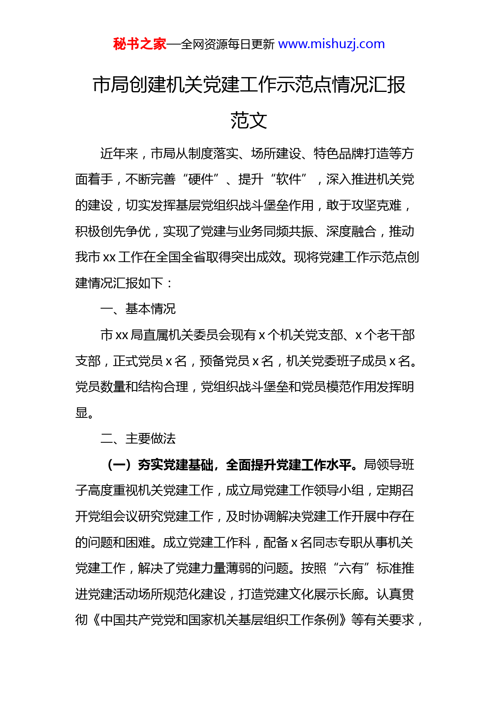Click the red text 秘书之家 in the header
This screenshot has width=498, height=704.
click(x=139, y=44)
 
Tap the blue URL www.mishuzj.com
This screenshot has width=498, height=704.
click(x=331, y=44)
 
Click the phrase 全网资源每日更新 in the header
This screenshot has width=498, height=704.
click(x=228, y=44)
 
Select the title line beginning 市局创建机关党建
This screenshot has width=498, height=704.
click(x=249, y=85)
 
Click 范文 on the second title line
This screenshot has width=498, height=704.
click(x=249, y=120)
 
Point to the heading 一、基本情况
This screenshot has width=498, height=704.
click(x=138, y=309)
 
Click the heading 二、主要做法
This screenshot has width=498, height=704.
click(x=138, y=438)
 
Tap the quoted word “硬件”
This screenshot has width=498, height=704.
click(x=201, y=179)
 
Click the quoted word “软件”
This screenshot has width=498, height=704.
click(x=289, y=179)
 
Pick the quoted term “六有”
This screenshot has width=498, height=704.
click(x=351, y=568)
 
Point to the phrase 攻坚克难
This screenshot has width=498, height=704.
click(x=376, y=205)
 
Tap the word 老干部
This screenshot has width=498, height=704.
click(x=390, y=335)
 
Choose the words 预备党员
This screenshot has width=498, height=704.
click(x=225, y=361)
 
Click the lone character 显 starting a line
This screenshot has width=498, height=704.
click(x=82, y=413)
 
